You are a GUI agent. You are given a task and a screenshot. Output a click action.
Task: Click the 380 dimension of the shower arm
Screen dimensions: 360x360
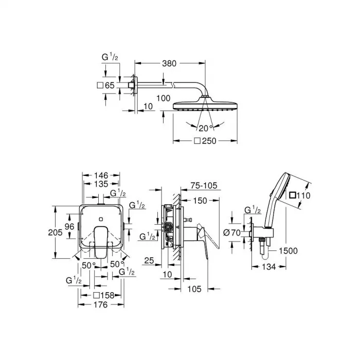pos(169,64)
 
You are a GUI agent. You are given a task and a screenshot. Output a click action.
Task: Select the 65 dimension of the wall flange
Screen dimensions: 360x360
pos(109,85)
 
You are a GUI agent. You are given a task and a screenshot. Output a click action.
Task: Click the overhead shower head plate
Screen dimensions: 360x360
pos(205,106)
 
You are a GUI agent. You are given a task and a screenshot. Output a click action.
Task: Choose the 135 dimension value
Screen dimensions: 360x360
pos(101,184)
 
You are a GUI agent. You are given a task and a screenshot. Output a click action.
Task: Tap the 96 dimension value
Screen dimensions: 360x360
pos(70,226)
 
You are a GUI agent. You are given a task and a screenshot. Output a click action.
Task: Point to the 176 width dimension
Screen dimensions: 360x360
pos(101,305)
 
